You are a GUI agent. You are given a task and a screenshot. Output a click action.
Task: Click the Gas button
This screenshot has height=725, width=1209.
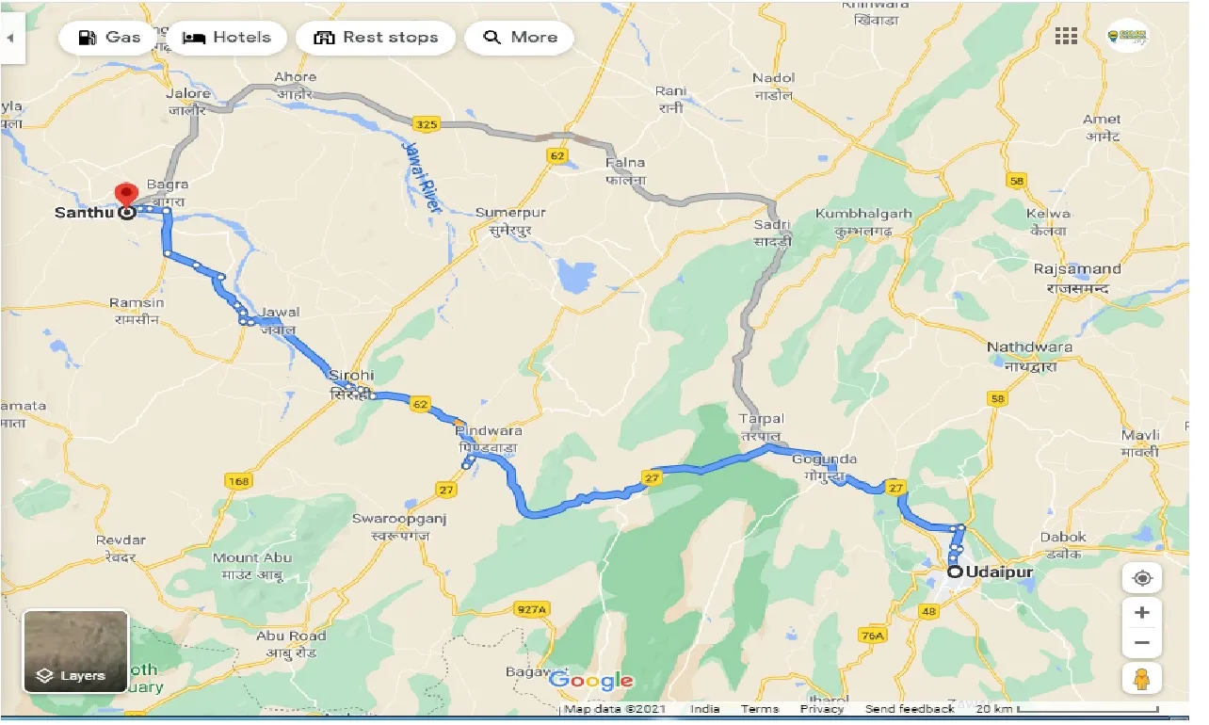(x=108, y=38)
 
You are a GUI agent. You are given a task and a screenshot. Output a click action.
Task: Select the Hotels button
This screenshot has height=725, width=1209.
(x=226, y=38)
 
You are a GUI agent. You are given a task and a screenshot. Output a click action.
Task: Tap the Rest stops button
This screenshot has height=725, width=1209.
(x=376, y=38)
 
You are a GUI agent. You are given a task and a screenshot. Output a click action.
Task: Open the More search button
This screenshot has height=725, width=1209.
(x=520, y=38)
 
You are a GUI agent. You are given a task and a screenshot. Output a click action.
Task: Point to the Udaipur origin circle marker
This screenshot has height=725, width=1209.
(x=955, y=572)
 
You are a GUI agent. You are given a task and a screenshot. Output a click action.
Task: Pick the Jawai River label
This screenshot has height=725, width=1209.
(x=421, y=177)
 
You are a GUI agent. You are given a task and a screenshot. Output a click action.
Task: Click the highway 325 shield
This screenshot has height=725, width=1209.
(x=426, y=122)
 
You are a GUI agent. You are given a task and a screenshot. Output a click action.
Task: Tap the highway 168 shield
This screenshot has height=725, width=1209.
(x=238, y=481)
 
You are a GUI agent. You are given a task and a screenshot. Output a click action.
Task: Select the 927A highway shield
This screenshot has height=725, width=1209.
(x=531, y=610)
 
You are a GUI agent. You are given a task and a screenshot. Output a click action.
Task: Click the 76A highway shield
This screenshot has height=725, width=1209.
(x=873, y=636)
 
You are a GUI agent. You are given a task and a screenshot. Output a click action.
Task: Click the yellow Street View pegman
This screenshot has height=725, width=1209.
(x=1142, y=677)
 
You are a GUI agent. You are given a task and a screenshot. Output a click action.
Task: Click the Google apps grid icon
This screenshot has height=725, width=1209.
(x=1066, y=37)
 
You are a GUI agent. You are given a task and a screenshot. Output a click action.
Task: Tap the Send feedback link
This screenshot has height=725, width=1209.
(x=909, y=709)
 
